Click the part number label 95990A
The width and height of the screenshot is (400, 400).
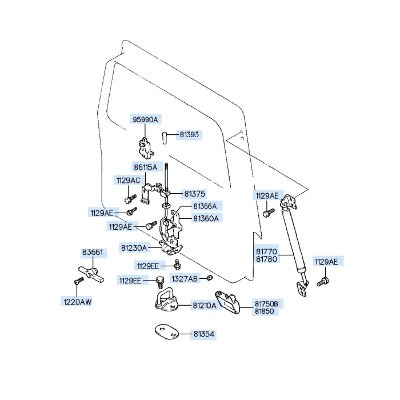[x=145, y=119]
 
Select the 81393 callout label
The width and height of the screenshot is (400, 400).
[x=189, y=134]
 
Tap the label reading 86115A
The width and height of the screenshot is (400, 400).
[x=146, y=167]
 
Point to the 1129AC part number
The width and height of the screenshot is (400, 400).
[x=129, y=181]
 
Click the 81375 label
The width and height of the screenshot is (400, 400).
[x=195, y=194]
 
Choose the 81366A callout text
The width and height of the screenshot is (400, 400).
[x=205, y=206]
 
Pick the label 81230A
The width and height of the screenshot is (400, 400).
[x=134, y=247]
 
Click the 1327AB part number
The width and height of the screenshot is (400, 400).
[x=185, y=279]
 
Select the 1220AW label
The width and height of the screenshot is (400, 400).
[x=78, y=302]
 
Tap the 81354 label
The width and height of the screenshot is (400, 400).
[x=204, y=334]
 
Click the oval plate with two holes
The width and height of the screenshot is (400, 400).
[x=167, y=332]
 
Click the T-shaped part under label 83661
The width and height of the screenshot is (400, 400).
[x=91, y=274]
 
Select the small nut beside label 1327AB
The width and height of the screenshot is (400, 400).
[x=209, y=278]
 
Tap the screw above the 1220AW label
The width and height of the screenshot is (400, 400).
[x=79, y=281]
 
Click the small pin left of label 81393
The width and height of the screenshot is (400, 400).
[x=165, y=137]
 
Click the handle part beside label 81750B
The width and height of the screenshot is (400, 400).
[x=228, y=302]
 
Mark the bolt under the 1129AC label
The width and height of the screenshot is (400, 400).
[x=130, y=198]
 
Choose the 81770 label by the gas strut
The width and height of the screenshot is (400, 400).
[x=266, y=251]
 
